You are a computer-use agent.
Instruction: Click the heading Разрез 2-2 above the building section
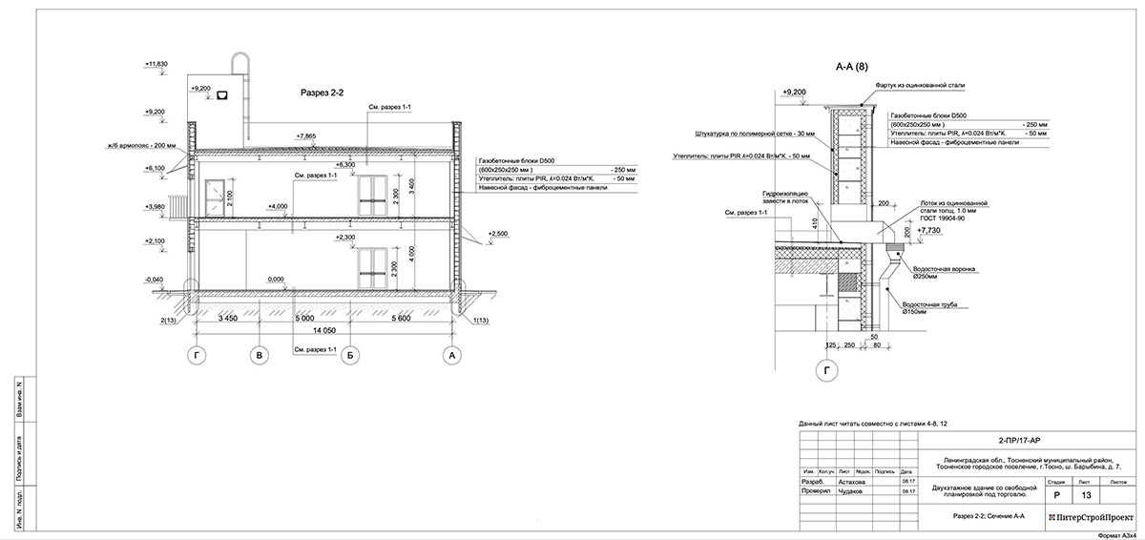322,93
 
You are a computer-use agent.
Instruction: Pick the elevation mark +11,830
156,64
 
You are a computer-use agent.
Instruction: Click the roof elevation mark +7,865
306,136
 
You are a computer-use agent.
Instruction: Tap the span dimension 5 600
402,319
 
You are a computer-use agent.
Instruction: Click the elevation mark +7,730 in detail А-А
928,231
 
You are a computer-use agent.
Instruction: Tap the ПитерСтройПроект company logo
1092,516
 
